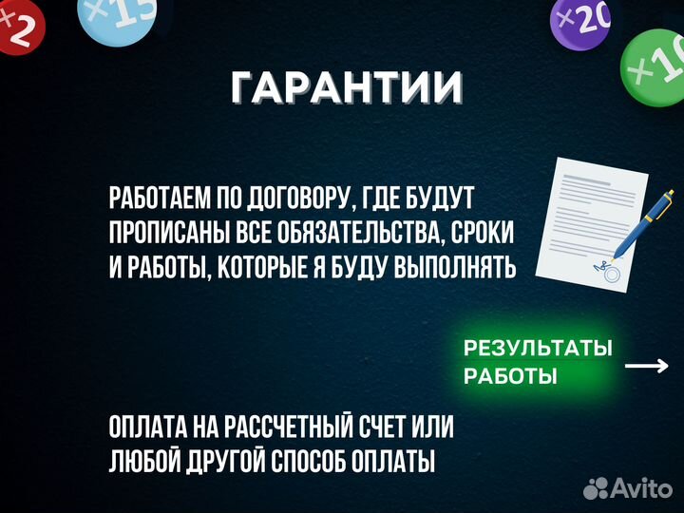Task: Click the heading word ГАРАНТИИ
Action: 347,87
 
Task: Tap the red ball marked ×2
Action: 21,25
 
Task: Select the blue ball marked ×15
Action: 117,19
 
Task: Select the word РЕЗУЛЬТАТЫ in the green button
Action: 538,348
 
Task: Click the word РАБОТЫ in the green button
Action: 510,376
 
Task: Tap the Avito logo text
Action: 640,488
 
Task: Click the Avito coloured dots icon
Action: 596,488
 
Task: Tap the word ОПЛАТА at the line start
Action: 151,427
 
